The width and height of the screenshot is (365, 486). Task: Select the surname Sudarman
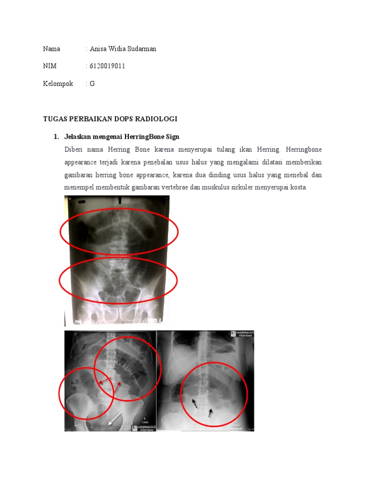(x=141, y=49)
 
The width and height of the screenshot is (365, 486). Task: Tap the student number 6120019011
(x=107, y=66)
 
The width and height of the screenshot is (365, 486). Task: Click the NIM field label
(x=49, y=66)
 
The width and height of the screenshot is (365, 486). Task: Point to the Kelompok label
(x=58, y=84)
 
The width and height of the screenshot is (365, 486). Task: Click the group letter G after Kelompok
(x=92, y=84)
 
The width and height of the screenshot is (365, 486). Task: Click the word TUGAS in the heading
(x=55, y=118)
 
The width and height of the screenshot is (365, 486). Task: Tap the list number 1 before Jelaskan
(x=56, y=137)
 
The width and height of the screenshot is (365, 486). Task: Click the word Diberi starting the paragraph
(x=73, y=150)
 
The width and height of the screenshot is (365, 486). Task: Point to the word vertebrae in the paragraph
(x=174, y=187)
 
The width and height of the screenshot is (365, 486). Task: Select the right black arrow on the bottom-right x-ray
(x=210, y=412)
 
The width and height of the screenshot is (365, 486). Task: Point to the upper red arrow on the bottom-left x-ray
(x=105, y=381)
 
